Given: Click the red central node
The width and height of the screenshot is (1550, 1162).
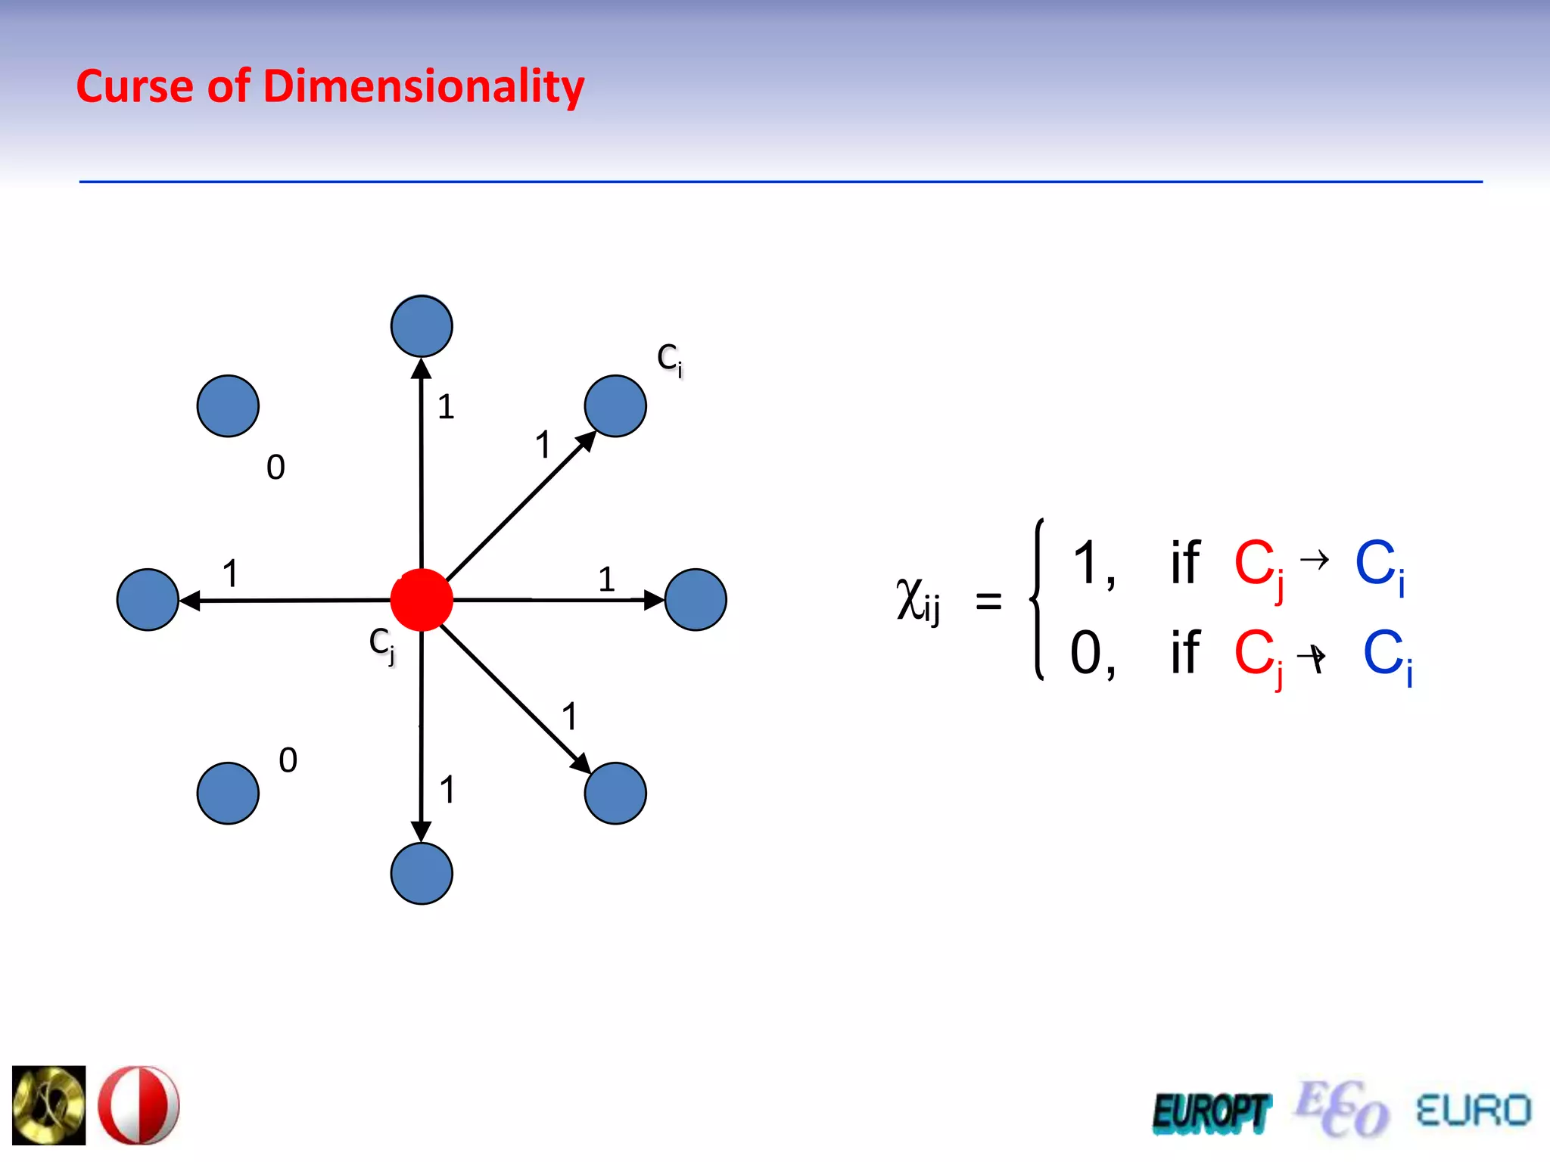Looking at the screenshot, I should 422,600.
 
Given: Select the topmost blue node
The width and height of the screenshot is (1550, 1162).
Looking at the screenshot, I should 422,326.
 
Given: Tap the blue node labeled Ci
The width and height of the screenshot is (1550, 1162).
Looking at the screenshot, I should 615,406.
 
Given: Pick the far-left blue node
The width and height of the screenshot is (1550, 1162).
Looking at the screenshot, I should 148,600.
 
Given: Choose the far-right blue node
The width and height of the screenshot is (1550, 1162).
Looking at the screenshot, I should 696,600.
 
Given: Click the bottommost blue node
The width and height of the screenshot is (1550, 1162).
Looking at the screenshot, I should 422,874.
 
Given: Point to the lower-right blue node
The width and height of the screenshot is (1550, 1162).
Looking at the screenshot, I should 615,794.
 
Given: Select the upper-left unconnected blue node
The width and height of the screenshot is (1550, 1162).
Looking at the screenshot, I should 228,406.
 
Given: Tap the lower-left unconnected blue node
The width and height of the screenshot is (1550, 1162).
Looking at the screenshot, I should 228,794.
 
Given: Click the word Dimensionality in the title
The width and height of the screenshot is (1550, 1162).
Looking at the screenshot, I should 424,86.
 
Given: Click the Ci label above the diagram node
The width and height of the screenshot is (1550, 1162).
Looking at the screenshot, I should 670,359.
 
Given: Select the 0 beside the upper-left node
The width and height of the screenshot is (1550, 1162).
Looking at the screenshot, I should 275,468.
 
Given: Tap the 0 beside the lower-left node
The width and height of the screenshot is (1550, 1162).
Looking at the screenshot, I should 288,760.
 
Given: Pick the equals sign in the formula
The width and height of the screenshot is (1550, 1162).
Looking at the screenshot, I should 988,602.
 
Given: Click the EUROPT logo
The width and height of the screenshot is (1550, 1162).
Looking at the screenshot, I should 1211,1113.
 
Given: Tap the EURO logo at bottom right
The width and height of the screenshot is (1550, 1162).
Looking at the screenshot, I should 1473,1111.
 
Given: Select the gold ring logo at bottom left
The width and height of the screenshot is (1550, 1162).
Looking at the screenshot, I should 49,1105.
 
